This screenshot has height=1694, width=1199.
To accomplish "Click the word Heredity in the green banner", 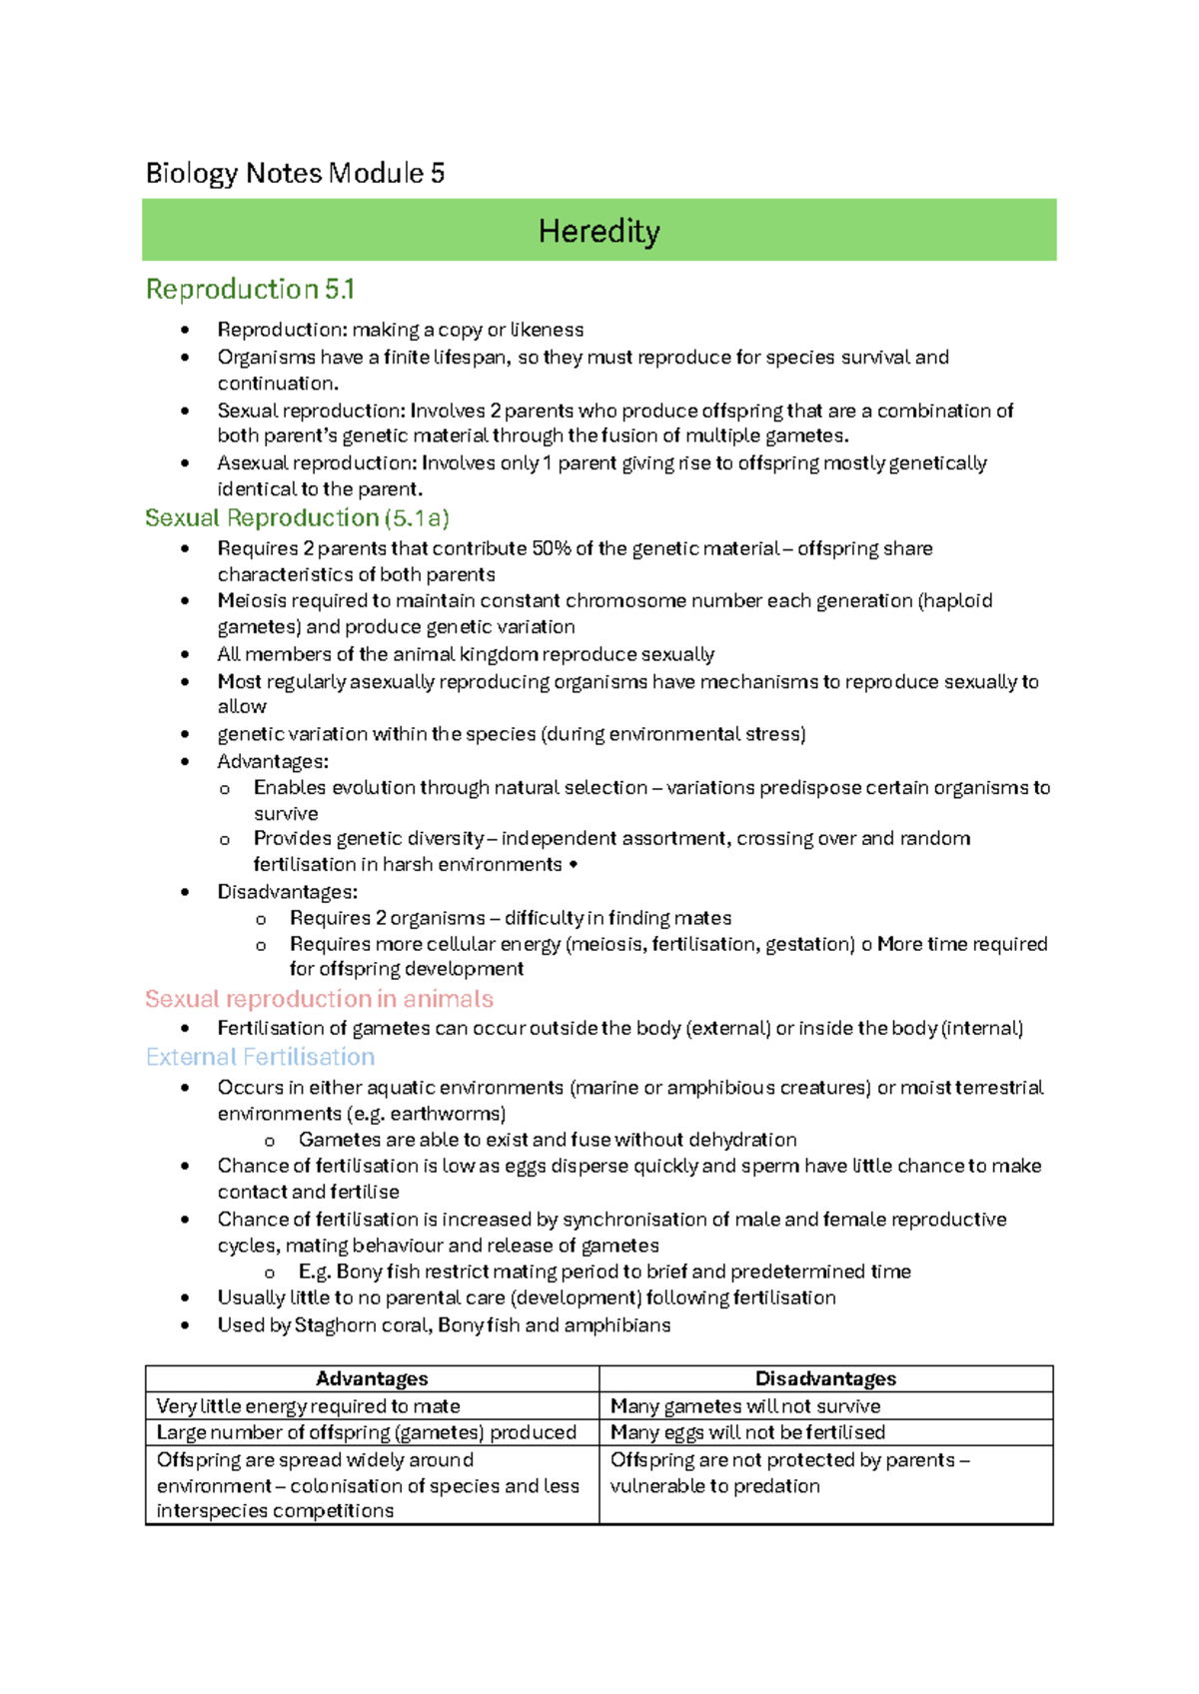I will pyautogui.click(x=599, y=232).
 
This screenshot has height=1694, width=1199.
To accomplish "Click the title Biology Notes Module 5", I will pyautogui.click(x=295, y=174).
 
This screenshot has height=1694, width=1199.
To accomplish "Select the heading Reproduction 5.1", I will pyautogui.click(x=250, y=290).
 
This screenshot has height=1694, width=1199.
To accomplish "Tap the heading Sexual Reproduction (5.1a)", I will pyautogui.click(x=297, y=518).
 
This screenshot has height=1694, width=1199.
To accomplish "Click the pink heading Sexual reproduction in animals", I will pyautogui.click(x=319, y=999).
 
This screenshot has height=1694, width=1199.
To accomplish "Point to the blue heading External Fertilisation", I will pyautogui.click(x=260, y=1057).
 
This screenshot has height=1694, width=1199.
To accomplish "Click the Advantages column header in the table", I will pyautogui.click(x=372, y=1378).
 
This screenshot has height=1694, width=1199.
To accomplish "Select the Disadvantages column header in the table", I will pyautogui.click(x=825, y=1378).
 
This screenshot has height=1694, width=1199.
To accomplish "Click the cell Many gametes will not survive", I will pyautogui.click(x=745, y=1406).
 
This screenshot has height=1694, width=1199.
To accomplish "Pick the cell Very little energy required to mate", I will pyautogui.click(x=308, y=1406).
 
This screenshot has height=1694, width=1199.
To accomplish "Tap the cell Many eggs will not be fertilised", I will pyautogui.click(x=747, y=1432).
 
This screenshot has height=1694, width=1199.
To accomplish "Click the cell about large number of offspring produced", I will pyautogui.click(x=366, y=1432).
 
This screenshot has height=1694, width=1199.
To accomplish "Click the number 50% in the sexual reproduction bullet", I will pyautogui.click(x=551, y=548).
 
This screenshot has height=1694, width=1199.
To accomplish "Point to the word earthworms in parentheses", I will pyautogui.click(x=447, y=1114).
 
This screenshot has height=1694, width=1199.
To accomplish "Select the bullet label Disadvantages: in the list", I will pyautogui.click(x=287, y=892).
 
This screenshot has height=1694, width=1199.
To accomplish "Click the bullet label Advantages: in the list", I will pyautogui.click(x=273, y=762).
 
